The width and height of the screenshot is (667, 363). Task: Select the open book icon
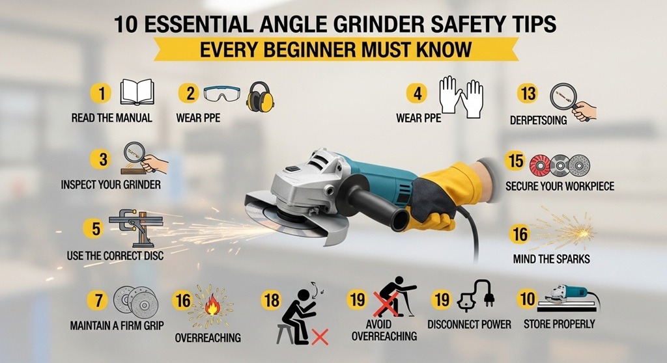click(x=137, y=92)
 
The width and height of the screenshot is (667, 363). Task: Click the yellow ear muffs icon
click(x=259, y=97)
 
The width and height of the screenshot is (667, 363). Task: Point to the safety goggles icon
click(x=221, y=94)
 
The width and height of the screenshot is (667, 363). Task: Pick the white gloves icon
click(x=461, y=96)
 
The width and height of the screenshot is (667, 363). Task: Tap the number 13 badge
click(x=528, y=93)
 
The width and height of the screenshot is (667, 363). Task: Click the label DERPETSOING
click(x=538, y=120)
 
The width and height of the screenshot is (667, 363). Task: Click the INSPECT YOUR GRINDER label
click(x=111, y=185)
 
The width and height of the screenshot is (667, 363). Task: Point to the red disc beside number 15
click(x=539, y=165)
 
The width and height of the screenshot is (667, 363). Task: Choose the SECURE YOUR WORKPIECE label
click(x=560, y=186)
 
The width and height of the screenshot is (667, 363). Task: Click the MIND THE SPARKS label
click(x=551, y=259)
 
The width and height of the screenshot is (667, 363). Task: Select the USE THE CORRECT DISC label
click(x=115, y=256)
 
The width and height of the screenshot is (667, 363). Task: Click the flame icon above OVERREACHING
click(x=212, y=306)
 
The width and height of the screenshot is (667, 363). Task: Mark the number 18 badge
click(x=272, y=300)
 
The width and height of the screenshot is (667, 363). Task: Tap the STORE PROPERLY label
click(x=559, y=324)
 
